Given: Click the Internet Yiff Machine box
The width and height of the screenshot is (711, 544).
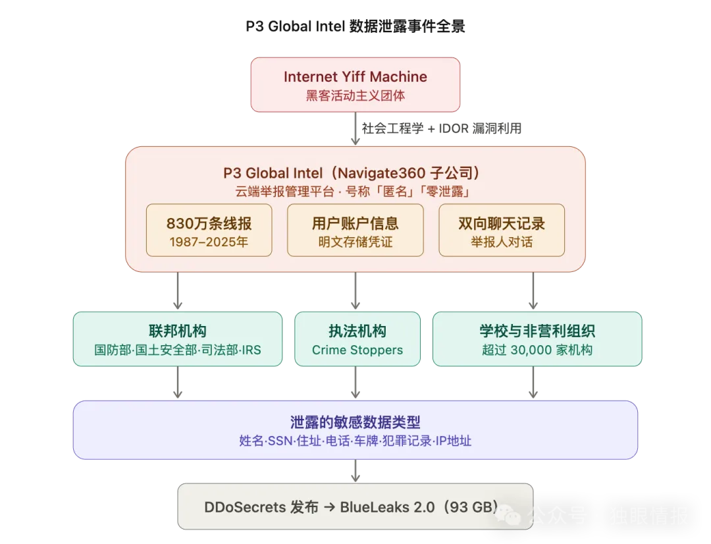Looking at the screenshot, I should click(355, 85).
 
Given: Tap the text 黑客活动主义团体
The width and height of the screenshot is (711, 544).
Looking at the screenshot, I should click(355, 95).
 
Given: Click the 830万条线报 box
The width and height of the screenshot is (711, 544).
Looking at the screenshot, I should click(209, 230).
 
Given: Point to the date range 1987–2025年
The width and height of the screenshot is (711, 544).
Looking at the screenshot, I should click(209, 242).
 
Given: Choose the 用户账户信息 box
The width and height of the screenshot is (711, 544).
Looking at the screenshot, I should click(355, 230).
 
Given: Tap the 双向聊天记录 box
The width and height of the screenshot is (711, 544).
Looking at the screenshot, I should click(502, 230).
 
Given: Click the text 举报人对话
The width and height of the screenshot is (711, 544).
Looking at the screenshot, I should click(502, 242).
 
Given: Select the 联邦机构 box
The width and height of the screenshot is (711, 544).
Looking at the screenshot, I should click(178, 339).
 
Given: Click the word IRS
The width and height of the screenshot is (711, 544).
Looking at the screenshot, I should click(251, 350).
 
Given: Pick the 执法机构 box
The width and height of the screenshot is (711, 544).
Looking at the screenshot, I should click(357, 339).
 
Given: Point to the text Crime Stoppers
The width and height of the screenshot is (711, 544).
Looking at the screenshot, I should click(357, 350).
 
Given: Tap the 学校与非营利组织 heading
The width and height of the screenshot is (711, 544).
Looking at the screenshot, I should click(537, 331).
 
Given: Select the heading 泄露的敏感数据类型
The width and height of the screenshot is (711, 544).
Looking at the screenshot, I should click(355, 422).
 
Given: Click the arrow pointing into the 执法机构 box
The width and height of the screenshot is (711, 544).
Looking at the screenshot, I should click(356, 303).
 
